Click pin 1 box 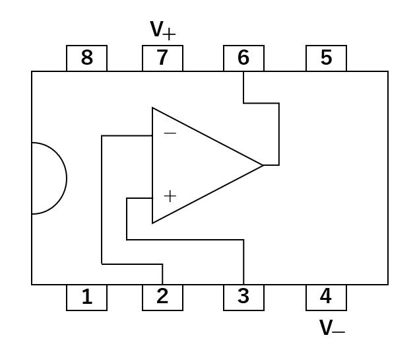click(x=86, y=297)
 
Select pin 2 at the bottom click(x=162, y=297)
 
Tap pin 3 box click(x=243, y=297)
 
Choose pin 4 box click(x=326, y=297)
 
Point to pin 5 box click(x=326, y=58)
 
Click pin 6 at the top click(x=243, y=58)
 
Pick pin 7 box click(x=162, y=58)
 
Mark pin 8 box click(x=86, y=58)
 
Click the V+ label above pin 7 click(x=163, y=30)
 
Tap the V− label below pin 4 click(x=332, y=328)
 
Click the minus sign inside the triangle click(x=170, y=133)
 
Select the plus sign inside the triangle click(x=170, y=196)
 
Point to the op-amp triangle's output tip click(x=263, y=165)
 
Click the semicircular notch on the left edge click(x=49, y=178)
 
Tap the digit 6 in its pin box click(x=243, y=58)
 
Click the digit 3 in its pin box click(x=243, y=297)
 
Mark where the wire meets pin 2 click(x=162, y=285)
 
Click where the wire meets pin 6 click(x=243, y=71)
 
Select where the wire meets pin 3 click(x=243, y=285)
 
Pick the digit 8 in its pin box click(x=86, y=58)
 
